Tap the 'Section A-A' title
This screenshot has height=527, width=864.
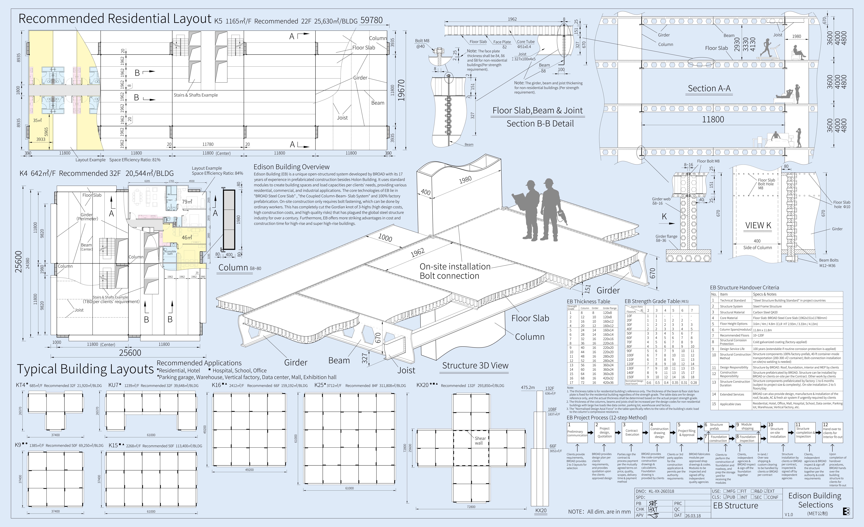click(709, 88)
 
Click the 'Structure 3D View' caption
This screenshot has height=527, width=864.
click(475, 365)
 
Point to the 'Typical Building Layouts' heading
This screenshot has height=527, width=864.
click(85, 369)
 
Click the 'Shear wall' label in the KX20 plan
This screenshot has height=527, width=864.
click(480, 440)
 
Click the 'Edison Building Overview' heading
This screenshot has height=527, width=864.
click(291, 167)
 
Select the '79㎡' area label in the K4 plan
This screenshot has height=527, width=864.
click(187, 202)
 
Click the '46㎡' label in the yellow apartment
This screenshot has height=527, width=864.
click(187, 237)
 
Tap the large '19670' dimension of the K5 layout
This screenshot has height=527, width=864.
click(401, 90)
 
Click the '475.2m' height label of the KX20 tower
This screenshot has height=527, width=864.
click(528, 388)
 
